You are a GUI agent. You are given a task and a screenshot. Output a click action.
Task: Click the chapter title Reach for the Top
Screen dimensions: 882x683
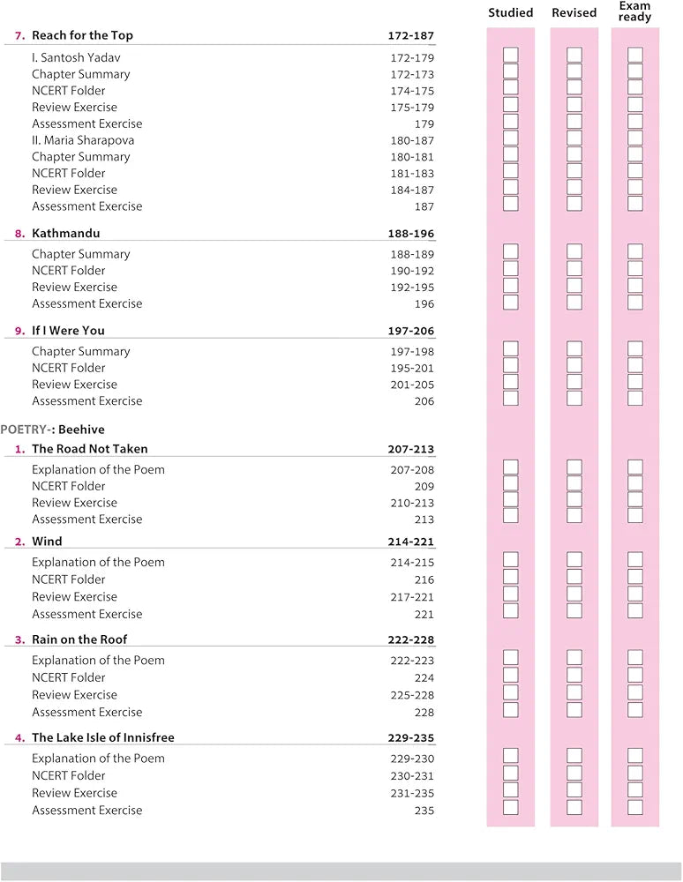tap(82, 36)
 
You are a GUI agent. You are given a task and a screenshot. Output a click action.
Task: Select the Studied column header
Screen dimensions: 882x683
tap(511, 13)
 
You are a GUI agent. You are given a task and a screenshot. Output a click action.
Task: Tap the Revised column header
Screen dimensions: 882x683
tap(574, 13)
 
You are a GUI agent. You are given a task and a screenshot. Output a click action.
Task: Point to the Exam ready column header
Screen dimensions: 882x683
tap(634, 11)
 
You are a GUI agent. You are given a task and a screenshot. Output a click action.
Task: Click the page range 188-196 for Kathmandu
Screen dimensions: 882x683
tap(411, 235)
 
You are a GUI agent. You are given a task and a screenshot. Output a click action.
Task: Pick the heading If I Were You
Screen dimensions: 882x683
tap(68, 331)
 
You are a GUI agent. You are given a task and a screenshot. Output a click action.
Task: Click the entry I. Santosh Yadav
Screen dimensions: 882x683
tap(76, 57)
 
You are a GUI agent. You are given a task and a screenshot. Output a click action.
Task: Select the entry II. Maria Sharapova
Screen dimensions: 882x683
tap(83, 140)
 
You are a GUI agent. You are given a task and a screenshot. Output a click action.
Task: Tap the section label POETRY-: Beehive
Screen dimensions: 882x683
tap(52, 430)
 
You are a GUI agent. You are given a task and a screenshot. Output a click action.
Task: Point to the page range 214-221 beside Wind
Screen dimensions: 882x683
tap(411, 542)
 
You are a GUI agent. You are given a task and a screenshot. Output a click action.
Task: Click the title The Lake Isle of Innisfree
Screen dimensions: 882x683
tap(97, 737)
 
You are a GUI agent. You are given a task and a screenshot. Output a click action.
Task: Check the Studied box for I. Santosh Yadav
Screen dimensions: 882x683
tap(511, 56)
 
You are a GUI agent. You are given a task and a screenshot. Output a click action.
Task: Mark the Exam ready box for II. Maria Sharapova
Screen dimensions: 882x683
tap(635, 138)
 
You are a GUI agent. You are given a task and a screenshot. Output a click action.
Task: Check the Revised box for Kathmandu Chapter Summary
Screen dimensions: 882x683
tap(574, 252)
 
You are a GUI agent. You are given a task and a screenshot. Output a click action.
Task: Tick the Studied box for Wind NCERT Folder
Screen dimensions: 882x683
tap(511, 578)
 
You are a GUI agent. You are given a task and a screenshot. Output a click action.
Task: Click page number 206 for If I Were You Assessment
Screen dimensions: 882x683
tap(424, 401)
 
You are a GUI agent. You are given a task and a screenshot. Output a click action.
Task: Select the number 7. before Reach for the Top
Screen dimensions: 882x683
tap(19, 36)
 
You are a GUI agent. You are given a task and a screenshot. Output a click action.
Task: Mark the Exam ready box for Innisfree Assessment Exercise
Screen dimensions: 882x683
tap(635, 807)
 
